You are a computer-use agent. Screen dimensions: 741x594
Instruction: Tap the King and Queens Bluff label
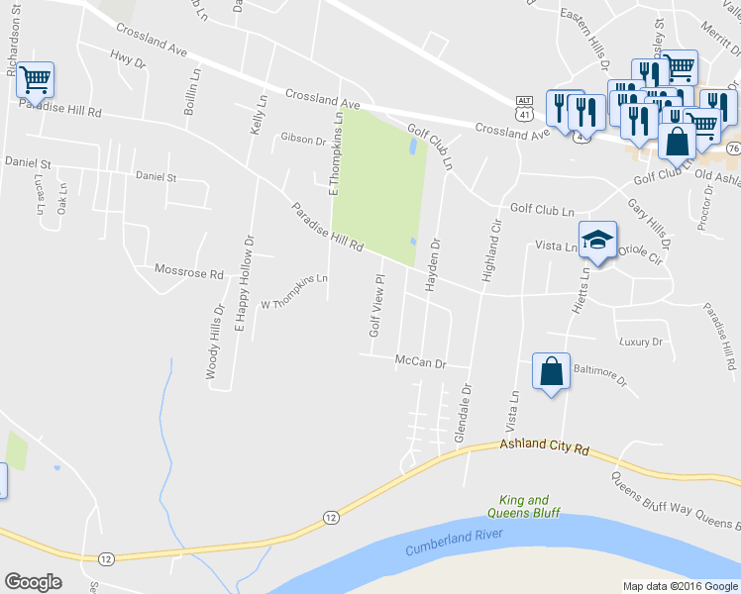[524, 507]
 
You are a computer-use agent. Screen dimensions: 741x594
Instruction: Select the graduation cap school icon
[598, 241]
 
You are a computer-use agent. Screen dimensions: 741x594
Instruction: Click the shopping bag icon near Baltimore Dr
[551, 372]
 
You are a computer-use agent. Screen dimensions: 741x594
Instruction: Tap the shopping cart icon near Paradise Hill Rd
[35, 79]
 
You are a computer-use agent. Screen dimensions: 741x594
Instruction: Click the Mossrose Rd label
[189, 269]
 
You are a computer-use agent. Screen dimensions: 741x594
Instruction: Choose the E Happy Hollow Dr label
[244, 283]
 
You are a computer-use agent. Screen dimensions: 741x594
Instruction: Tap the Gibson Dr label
[303, 140]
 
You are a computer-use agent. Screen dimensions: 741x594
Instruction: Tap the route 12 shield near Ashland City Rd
[330, 517]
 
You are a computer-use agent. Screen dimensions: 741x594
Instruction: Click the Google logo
[34, 581]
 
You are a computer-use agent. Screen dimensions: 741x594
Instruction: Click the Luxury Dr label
[640, 343]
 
